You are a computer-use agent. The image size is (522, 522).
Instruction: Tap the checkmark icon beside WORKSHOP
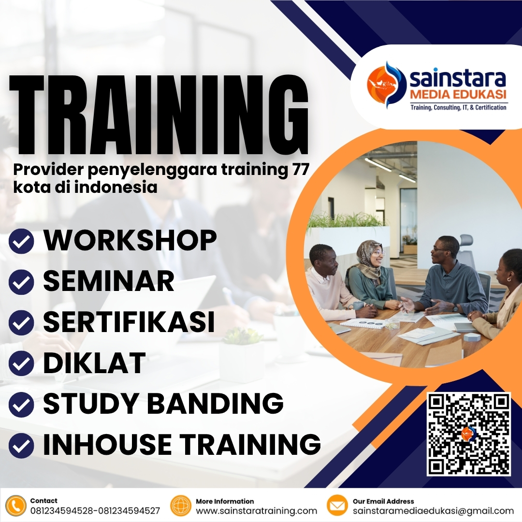(21, 241)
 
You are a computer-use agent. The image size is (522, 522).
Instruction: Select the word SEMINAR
(109, 281)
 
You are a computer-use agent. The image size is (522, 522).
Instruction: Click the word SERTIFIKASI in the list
(129, 322)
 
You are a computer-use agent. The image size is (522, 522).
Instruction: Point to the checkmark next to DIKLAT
(21, 364)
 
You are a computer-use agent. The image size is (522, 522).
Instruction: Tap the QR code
(469, 434)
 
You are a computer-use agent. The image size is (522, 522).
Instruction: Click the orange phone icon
(16, 506)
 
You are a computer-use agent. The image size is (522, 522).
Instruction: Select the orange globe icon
(181, 506)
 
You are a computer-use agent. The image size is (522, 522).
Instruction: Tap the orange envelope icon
(337, 506)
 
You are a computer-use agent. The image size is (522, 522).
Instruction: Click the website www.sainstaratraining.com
(256, 511)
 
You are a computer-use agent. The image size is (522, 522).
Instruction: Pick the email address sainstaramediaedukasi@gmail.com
(433, 511)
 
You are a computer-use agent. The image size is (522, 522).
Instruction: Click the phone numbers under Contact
(95, 511)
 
